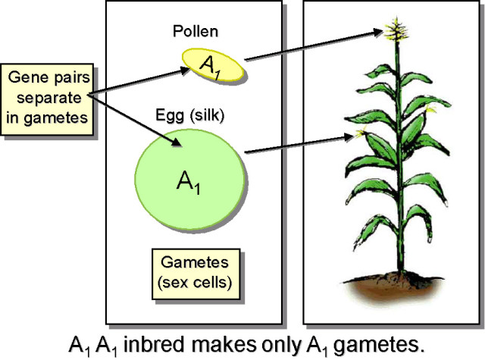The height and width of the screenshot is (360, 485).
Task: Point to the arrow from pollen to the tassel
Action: coord(311,47)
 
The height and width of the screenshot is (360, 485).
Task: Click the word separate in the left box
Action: coord(47,97)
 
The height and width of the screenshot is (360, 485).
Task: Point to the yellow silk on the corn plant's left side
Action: coord(358,134)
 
